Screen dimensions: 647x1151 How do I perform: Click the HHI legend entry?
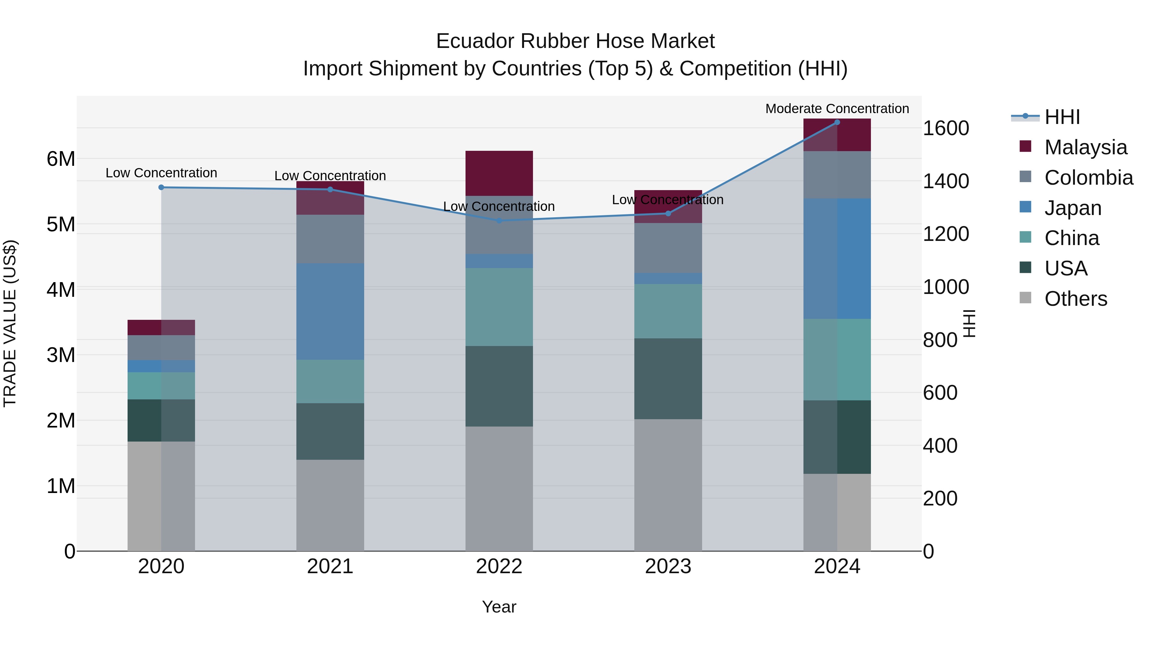(1061, 117)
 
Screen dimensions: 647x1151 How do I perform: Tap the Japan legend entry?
(1072, 208)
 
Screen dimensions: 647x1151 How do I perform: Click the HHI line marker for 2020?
(161, 188)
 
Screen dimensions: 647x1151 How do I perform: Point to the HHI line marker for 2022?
(499, 220)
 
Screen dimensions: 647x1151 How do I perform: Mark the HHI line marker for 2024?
(837, 122)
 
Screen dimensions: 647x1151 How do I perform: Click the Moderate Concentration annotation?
(837, 109)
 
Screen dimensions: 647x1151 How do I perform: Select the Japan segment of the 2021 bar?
(330, 311)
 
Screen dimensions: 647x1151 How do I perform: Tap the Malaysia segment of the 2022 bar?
(499, 173)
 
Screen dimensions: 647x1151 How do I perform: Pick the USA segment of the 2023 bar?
(668, 379)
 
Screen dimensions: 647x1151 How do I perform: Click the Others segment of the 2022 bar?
(499, 489)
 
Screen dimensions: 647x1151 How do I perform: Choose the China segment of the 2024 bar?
(837, 359)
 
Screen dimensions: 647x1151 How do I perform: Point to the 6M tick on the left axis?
(61, 159)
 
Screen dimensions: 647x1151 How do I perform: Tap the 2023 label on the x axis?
(668, 566)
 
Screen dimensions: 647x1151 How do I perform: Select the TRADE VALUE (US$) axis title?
(10, 323)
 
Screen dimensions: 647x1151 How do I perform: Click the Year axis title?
(499, 607)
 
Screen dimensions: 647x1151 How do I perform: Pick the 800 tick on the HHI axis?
(940, 340)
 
